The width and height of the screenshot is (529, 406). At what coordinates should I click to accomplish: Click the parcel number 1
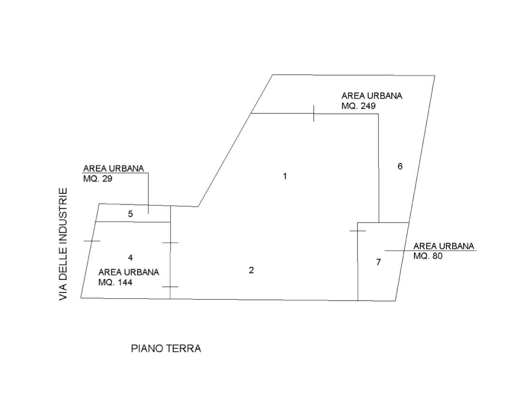pyautogui.click(x=285, y=176)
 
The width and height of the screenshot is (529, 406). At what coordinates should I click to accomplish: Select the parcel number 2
pyautogui.click(x=251, y=270)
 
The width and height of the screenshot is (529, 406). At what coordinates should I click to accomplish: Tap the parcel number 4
pyautogui.click(x=131, y=257)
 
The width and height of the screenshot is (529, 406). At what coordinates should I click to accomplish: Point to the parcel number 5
pyautogui.click(x=131, y=214)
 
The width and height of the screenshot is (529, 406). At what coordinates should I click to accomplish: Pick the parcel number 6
pyautogui.click(x=400, y=167)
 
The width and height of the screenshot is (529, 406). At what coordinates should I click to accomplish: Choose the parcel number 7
pyautogui.click(x=379, y=262)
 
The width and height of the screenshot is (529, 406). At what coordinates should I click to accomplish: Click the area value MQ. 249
pyautogui.click(x=359, y=105)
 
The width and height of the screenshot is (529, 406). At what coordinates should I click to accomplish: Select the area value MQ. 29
pyautogui.click(x=98, y=178)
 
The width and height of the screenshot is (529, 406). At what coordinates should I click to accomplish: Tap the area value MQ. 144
pyautogui.click(x=115, y=281)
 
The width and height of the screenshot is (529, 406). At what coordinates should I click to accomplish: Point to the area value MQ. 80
pyautogui.click(x=428, y=256)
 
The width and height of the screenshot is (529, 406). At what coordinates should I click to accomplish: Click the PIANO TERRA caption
pyautogui.click(x=166, y=348)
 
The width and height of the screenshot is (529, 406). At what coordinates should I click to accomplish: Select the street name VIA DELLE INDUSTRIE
pyautogui.click(x=63, y=245)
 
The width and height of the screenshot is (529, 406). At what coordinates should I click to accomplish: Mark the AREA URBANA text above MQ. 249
pyautogui.click(x=371, y=95)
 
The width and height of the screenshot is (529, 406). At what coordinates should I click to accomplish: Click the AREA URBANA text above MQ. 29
pyautogui.click(x=114, y=169)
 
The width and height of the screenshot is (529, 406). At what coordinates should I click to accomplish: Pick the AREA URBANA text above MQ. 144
pyautogui.click(x=129, y=272)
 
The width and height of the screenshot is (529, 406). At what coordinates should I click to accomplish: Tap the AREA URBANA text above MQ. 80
pyautogui.click(x=444, y=246)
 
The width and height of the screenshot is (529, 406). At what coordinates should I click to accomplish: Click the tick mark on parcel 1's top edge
pyautogui.click(x=313, y=114)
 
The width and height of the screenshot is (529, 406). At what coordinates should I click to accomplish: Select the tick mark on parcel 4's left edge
pyautogui.click(x=92, y=240)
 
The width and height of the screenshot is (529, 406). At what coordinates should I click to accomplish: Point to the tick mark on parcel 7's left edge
pyautogui.click(x=357, y=231)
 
